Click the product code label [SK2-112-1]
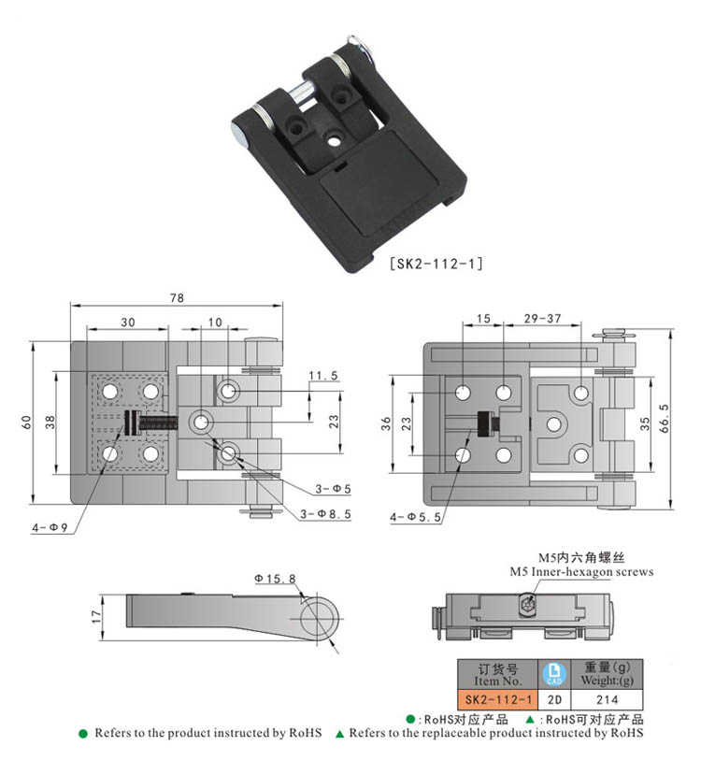click(435, 264)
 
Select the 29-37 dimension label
click(542, 319)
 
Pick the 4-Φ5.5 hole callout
click(413, 516)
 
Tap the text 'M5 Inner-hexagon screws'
click(581, 571)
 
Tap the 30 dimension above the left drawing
click(127, 322)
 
